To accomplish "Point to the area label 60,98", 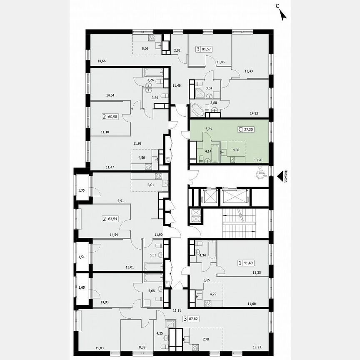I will (112, 117).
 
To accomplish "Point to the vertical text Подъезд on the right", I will (285, 175).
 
